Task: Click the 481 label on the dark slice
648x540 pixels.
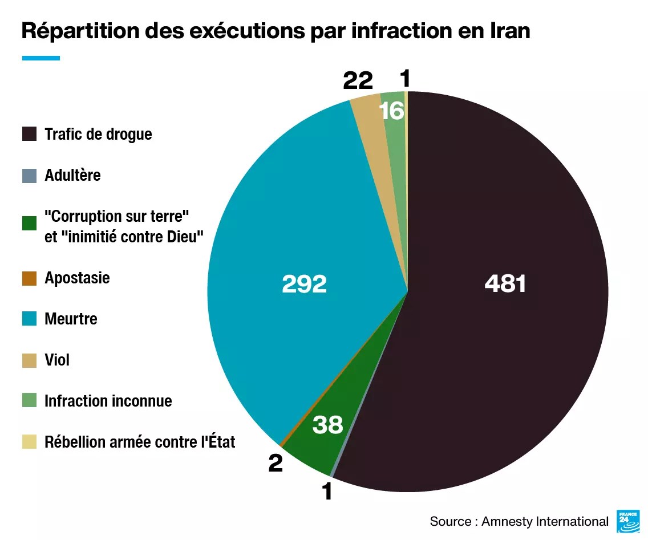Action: [505, 283]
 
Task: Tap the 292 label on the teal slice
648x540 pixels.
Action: [304, 284]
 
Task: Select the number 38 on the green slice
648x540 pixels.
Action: [327, 424]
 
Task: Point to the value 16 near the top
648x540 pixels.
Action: [392, 111]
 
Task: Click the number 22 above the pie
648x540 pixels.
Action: [358, 81]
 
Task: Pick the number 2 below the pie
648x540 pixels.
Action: [276, 464]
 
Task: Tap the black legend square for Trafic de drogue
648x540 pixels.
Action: [29, 135]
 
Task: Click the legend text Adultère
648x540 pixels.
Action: [72, 175]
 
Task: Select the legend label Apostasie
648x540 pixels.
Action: [77, 278]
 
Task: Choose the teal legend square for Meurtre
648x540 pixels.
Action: [29, 319]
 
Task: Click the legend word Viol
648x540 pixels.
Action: [57, 360]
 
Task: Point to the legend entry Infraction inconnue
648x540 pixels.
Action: [108, 401]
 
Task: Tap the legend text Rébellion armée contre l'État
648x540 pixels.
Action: [140, 442]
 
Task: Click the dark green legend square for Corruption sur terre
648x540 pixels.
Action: [29, 224]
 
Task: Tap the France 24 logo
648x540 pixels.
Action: [627, 521]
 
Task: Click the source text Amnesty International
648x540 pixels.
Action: [545, 521]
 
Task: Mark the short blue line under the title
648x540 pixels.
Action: [40, 58]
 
